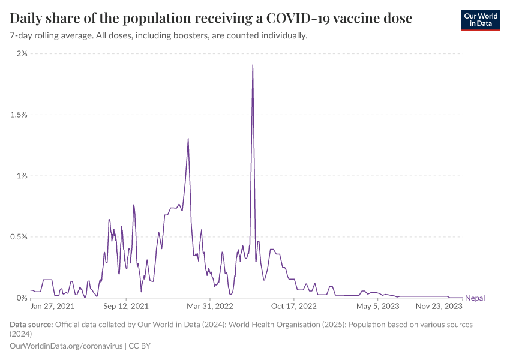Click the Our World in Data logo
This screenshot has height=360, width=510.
(480, 20)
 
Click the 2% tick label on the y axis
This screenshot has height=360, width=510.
(22, 53)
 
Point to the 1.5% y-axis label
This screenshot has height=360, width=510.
(18, 115)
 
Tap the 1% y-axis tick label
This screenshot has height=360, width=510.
(22, 176)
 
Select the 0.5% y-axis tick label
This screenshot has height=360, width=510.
(18, 237)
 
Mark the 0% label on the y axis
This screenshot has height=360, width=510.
(22, 298)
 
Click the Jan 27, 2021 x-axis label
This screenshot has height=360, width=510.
(53, 306)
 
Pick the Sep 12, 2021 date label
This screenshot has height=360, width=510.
(127, 306)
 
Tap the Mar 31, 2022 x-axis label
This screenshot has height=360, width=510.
(211, 306)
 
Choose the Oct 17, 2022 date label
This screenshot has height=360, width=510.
(294, 306)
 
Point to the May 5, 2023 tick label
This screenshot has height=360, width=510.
(377, 306)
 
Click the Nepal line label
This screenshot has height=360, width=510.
(475, 298)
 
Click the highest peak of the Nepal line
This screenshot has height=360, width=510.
(253, 65)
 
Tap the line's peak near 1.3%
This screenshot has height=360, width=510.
(188, 139)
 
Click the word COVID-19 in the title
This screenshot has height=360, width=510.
(289, 19)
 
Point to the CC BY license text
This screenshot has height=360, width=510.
(145, 346)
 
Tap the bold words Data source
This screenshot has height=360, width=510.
(31, 325)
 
